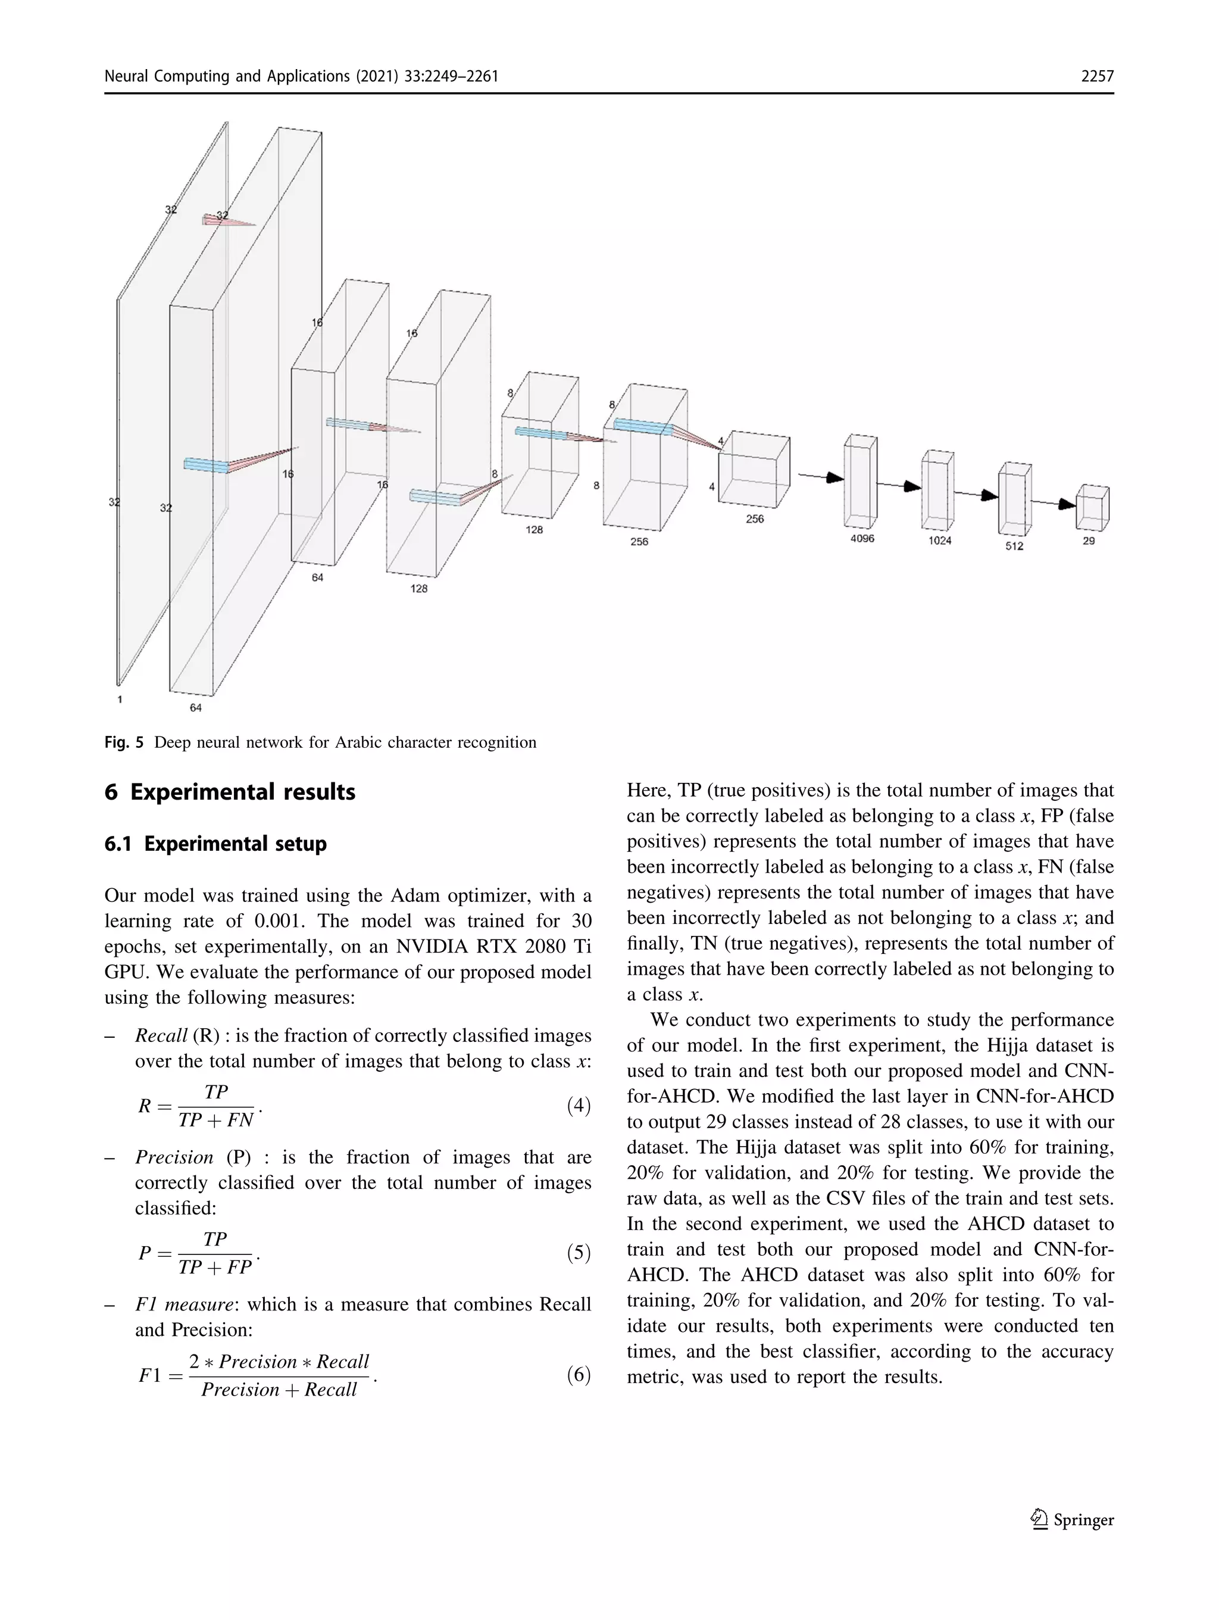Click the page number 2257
point(1097,76)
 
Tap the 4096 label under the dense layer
point(862,538)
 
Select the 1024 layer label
point(939,541)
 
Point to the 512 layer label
point(1014,545)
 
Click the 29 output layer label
point(1089,541)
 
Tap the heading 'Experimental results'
point(242,792)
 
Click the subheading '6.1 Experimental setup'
point(215,844)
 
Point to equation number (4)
point(579,1105)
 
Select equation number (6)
point(579,1375)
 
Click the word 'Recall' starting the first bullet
point(161,1035)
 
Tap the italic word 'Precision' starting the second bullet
point(174,1157)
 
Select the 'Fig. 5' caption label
point(124,742)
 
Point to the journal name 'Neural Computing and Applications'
point(227,76)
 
